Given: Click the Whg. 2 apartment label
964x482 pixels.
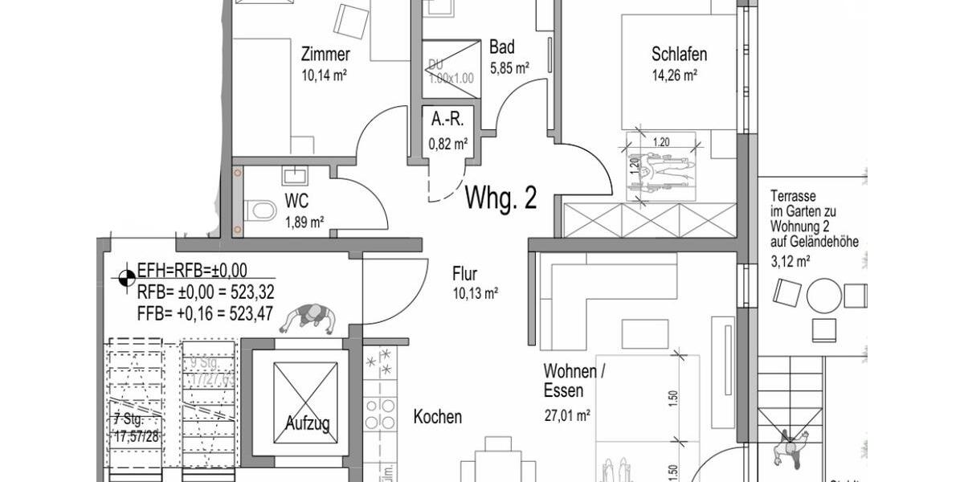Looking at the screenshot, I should (x=500, y=198).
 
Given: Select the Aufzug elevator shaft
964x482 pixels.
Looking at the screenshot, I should (x=305, y=398).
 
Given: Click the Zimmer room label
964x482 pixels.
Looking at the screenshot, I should (x=325, y=55).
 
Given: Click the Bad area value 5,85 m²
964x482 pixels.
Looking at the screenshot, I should (x=509, y=68).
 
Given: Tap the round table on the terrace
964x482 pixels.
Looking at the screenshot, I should (x=823, y=295).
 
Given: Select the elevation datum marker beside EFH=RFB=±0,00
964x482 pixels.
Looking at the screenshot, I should (x=126, y=278).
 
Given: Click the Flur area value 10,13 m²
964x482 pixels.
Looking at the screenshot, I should (x=475, y=294).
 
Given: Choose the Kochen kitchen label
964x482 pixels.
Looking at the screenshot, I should (x=437, y=417).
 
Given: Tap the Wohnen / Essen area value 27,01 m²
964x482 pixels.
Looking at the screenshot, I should (x=567, y=415).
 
